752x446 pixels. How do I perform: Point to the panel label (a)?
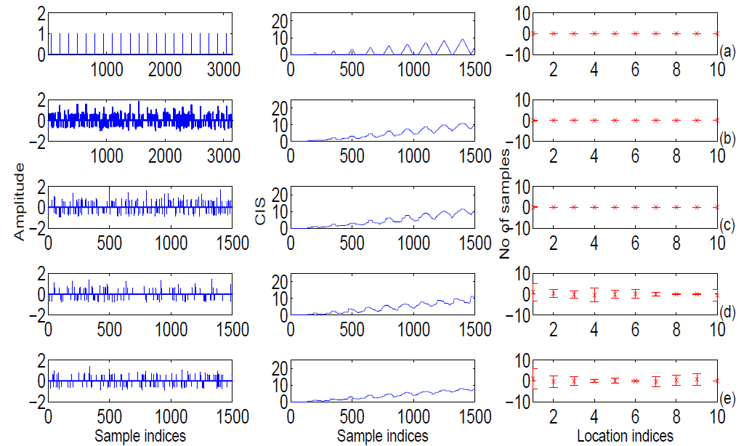click(x=728, y=52)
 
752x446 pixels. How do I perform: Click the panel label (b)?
click(x=728, y=138)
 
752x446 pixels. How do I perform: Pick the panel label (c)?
click(x=728, y=225)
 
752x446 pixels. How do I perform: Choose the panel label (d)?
click(x=728, y=312)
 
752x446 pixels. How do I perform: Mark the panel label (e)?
click(x=728, y=399)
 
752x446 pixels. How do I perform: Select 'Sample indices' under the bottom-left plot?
click(x=141, y=436)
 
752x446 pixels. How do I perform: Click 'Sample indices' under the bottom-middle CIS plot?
click(x=383, y=436)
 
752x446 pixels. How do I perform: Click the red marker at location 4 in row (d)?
click(x=594, y=294)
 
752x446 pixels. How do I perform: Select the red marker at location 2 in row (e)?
click(x=554, y=381)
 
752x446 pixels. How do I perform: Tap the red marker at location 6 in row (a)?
click(x=635, y=33)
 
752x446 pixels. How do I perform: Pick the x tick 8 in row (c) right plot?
click(x=676, y=244)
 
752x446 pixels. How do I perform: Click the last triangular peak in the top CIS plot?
click(x=463, y=40)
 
